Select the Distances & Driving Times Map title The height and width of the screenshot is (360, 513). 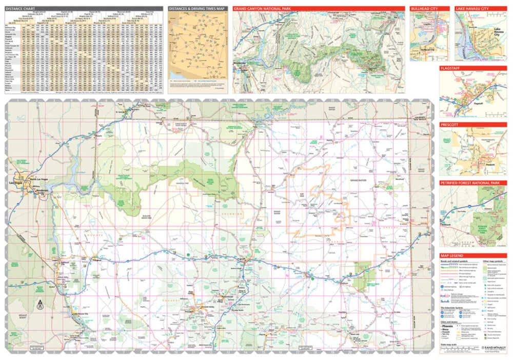197,9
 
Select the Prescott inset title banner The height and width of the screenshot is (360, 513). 451,125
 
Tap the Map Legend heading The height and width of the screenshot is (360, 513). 454,255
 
